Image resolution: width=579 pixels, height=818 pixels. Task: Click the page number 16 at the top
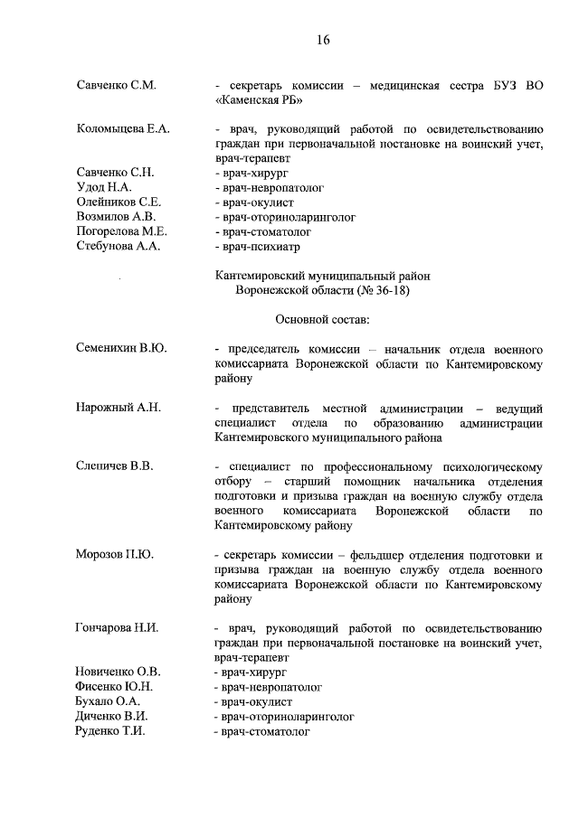pyautogui.click(x=323, y=40)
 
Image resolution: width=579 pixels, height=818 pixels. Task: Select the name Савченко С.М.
pyautogui.click(x=117, y=86)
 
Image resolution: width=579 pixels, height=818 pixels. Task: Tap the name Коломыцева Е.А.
pyautogui.click(x=123, y=129)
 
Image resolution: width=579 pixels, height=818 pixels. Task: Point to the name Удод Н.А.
pyautogui.click(x=104, y=187)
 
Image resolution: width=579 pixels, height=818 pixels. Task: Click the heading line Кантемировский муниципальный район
pyautogui.click(x=323, y=275)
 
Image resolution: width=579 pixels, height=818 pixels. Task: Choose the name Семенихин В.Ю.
pyautogui.click(x=122, y=348)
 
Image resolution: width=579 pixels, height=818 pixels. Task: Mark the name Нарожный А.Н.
pyautogui.click(x=119, y=408)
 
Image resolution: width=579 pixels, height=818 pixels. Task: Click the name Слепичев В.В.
pyautogui.click(x=115, y=465)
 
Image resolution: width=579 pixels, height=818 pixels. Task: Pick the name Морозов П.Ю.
pyautogui.click(x=115, y=554)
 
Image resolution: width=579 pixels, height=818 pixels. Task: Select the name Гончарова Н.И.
pyautogui.click(x=118, y=627)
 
